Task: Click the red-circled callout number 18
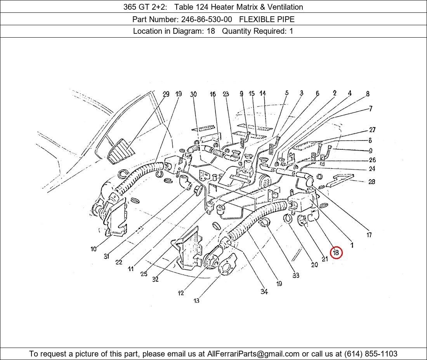click(336, 253)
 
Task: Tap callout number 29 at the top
click(166, 94)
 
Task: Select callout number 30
click(193, 94)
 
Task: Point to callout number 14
click(262, 93)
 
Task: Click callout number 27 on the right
click(372, 130)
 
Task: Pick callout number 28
click(372, 182)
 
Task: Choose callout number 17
click(369, 235)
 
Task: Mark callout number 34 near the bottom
click(264, 292)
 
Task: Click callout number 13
click(196, 301)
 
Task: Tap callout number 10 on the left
click(94, 249)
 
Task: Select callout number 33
click(296, 275)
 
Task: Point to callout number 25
click(144, 274)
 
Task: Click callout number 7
click(370, 109)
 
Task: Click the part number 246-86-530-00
click(207, 19)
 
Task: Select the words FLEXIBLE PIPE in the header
click(267, 19)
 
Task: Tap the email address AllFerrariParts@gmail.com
click(253, 354)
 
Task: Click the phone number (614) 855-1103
click(371, 354)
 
